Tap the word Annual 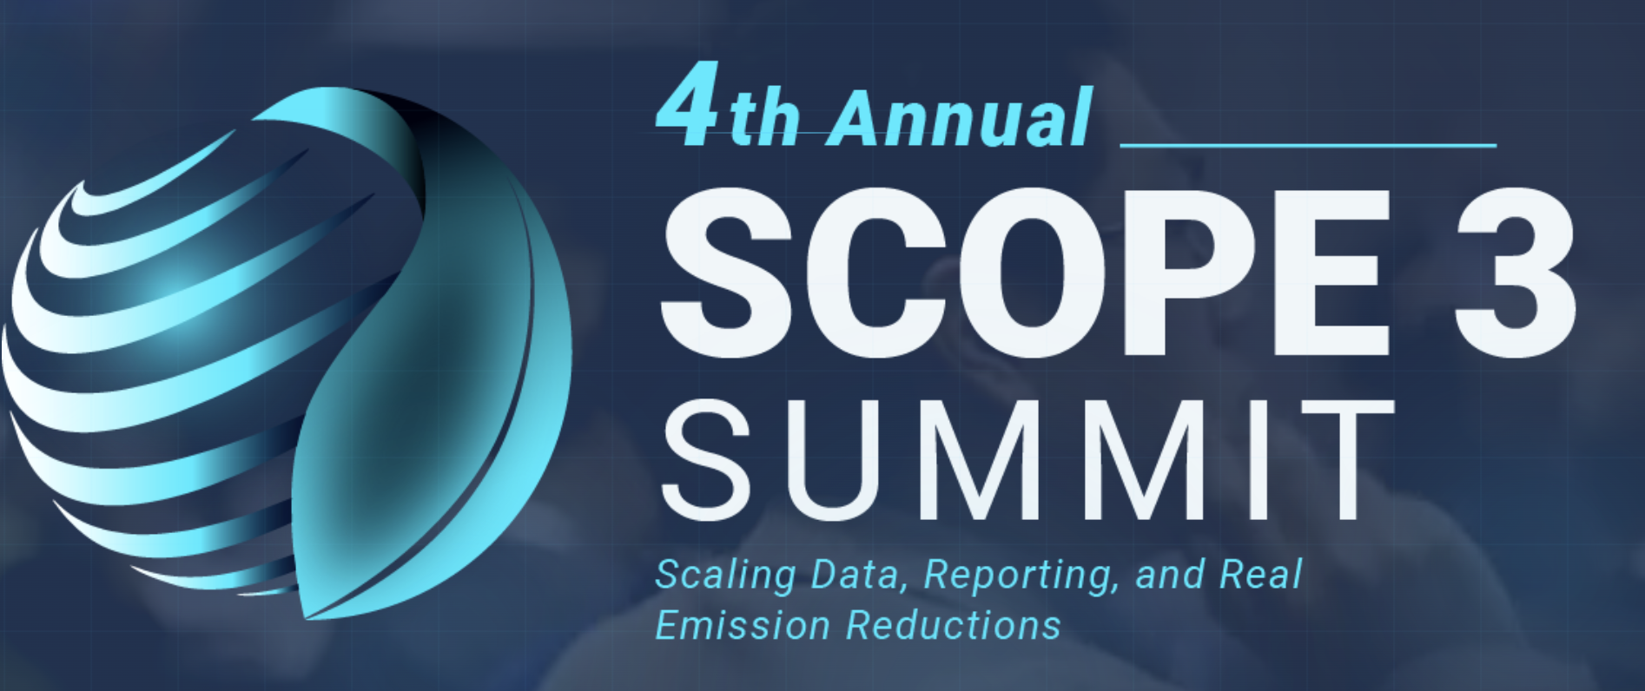click(x=960, y=118)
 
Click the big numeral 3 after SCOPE click(x=1516, y=272)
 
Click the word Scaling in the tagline click(x=725, y=576)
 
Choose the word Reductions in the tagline click(x=954, y=625)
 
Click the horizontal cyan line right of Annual click(x=1308, y=145)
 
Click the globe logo click(x=287, y=352)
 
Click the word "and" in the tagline click(x=1169, y=575)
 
